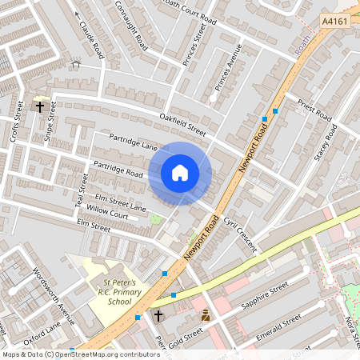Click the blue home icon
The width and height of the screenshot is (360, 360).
180,172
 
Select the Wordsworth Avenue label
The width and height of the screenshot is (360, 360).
47,285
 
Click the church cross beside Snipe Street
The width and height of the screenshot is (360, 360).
39,105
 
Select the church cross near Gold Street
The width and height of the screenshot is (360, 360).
158,316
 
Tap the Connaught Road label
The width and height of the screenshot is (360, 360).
130,25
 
